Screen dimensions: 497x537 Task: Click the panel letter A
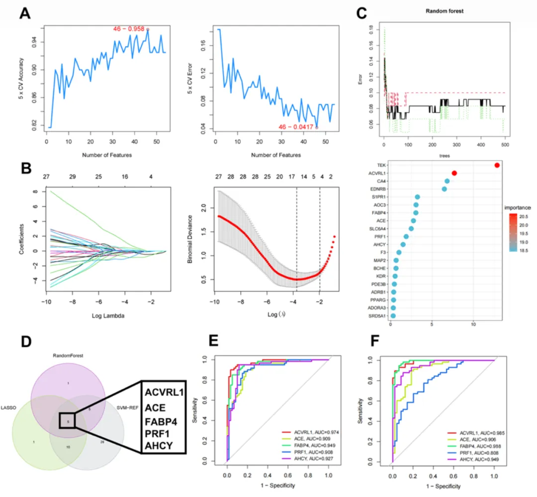(x=25, y=13)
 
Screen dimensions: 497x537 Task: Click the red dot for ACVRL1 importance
(x=454, y=173)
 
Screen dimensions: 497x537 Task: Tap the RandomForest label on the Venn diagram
(x=68, y=356)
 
